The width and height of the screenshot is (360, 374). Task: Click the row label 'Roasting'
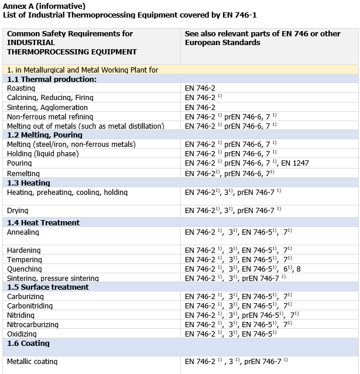22,88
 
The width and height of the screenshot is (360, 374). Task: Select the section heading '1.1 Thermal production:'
52,79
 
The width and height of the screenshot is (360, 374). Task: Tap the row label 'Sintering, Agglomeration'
47,107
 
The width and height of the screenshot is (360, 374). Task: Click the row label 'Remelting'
23,174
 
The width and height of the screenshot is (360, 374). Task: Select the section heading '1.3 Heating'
29,183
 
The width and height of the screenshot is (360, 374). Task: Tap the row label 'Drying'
18,211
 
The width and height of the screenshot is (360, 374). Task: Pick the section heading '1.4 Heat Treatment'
43,223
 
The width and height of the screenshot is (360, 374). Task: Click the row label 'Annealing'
23,232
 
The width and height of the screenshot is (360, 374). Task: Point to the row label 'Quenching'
24,269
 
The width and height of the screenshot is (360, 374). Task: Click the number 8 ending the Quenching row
299,269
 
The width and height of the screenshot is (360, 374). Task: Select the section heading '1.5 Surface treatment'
48,287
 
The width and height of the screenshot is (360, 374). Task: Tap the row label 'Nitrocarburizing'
33,325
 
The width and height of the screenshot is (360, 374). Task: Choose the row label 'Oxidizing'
22,334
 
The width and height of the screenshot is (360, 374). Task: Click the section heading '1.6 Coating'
29,344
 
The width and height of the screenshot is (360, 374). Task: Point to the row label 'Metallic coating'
32,362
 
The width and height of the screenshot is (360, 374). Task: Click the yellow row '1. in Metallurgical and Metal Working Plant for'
83,70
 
